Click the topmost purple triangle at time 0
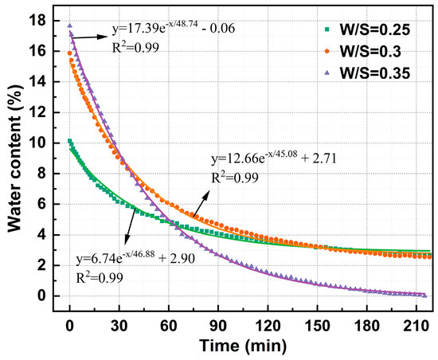click(70, 25)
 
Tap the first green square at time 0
click(70, 142)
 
